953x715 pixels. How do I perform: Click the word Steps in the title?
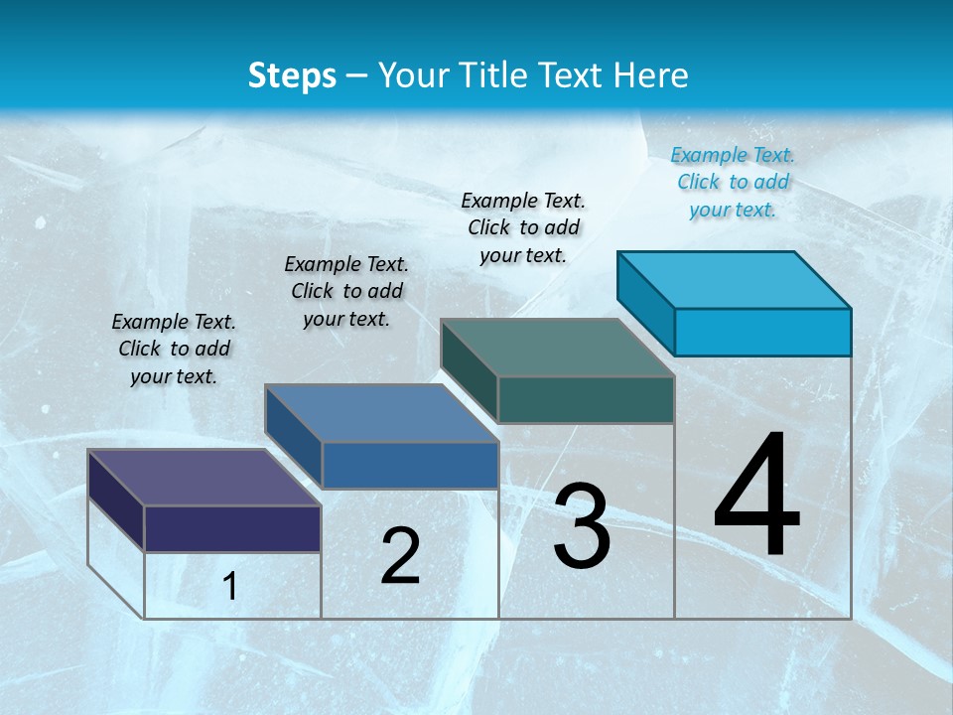292,75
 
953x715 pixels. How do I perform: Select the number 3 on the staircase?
582,526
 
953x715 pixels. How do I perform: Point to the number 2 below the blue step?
400,556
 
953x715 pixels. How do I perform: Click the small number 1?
230,586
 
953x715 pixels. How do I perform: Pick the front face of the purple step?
232,528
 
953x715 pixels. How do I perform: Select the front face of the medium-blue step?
410,465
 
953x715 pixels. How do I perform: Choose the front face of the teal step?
586,399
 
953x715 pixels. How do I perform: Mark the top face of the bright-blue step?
735,279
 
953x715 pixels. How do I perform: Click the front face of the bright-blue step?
762,332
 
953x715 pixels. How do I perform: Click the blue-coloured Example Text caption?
733,182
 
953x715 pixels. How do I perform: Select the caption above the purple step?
174,349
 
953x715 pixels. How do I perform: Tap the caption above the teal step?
523,227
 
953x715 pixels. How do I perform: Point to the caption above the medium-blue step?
346,291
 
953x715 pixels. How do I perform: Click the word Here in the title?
652,75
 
